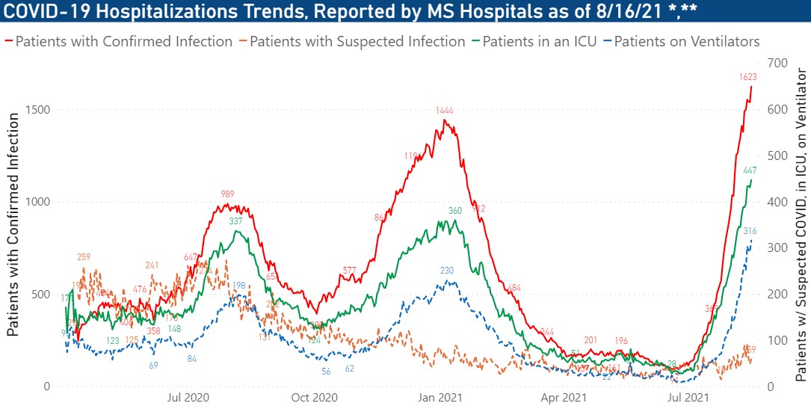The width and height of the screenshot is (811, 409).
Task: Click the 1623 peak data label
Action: click(x=748, y=77)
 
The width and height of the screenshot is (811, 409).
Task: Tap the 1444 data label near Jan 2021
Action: click(x=445, y=111)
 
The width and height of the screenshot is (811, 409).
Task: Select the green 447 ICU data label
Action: click(x=750, y=170)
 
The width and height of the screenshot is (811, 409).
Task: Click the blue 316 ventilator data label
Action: click(x=750, y=231)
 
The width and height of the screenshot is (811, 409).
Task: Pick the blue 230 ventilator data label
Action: click(x=447, y=271)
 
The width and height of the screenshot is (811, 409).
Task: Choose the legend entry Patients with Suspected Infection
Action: click(x=357, y=41)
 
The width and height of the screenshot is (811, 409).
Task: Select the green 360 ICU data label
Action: click(x=455, y=211)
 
